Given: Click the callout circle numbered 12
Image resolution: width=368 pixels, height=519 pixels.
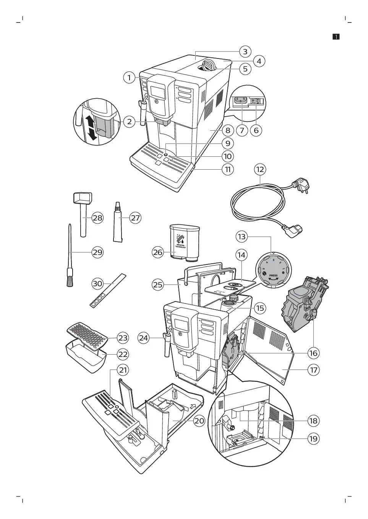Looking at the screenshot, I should click(x=260, y=169).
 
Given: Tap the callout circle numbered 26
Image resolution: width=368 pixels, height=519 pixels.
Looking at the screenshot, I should click(x=158, y=252).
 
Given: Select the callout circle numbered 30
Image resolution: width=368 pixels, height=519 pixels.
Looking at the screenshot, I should click(x=98, y=284).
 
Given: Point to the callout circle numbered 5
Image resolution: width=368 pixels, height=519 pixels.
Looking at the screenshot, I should click(x=245, y=69).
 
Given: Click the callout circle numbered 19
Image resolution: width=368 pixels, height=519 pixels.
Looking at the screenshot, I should click(x=313, y=438).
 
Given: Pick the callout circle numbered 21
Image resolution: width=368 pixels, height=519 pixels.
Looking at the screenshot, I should click(x=123, y=370).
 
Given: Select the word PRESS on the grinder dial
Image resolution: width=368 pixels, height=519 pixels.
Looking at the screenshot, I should click(x=273, y=275).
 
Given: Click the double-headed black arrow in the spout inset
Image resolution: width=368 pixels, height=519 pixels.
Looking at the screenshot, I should click(x=91, y=128).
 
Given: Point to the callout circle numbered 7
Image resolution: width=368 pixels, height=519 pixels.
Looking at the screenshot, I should click(x=242, y=130).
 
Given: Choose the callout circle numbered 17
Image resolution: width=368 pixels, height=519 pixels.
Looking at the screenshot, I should click(x=313, y=370).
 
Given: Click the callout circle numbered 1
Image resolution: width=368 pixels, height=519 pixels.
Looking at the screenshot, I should click(x=129, y=78).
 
